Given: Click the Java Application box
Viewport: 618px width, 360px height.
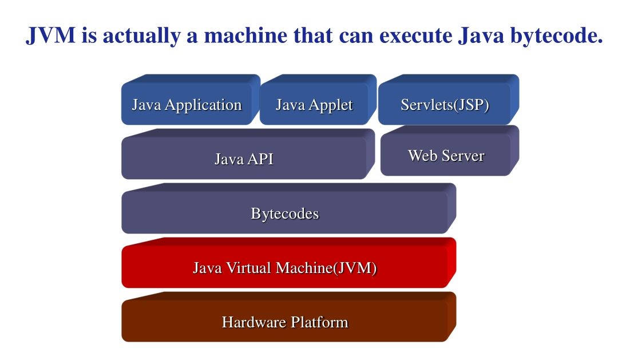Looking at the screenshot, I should (x=187, y=105).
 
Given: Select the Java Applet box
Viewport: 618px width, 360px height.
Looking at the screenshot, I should (x=314, y=105).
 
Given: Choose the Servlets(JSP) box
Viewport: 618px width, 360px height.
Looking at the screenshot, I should (x=445, y=105).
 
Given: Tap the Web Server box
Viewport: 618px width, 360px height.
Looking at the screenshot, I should (x=446, y=156).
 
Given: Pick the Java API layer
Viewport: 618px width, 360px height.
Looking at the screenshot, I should (x=244, y=159).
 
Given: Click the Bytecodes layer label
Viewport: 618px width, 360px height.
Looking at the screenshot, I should (x=284, y=213).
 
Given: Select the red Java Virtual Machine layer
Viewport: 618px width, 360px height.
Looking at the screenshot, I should (x=284, y=267).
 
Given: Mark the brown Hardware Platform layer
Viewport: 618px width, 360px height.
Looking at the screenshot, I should (x=284, y=322).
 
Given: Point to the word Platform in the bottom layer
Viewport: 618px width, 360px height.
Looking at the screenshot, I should (x=319, y=322).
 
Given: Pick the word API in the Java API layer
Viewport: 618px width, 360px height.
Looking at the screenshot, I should (x=260, y=159).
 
